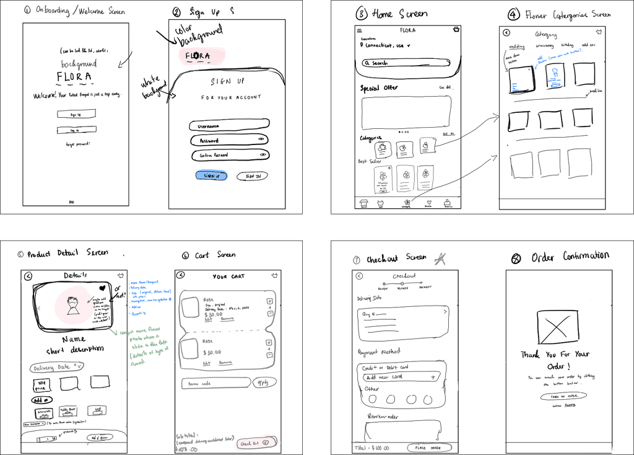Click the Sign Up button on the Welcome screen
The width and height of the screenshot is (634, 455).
pyautogui.click(x=76, y=114)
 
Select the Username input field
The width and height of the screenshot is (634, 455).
pyautogui.click(x=229, y=125)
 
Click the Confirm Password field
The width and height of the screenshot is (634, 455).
pyautogui.click(x=229, y=155)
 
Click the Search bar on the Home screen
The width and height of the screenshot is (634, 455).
pyautogui.click(x=405, y=63)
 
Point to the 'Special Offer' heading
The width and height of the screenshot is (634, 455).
pyautogui.click(x=380, y=88)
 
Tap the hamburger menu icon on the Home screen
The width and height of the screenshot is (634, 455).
pyautogui.click(x=359, y=30)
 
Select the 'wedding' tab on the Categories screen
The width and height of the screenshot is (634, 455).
pyautogui.click(x=517, y=46)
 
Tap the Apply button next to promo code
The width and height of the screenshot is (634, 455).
pyautogui.click(x=263, y=382)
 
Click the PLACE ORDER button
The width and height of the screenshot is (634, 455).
pyautogui.click(x=429, y=447)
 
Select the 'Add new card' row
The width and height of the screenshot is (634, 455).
pyautogui.click(x=400, y=377)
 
